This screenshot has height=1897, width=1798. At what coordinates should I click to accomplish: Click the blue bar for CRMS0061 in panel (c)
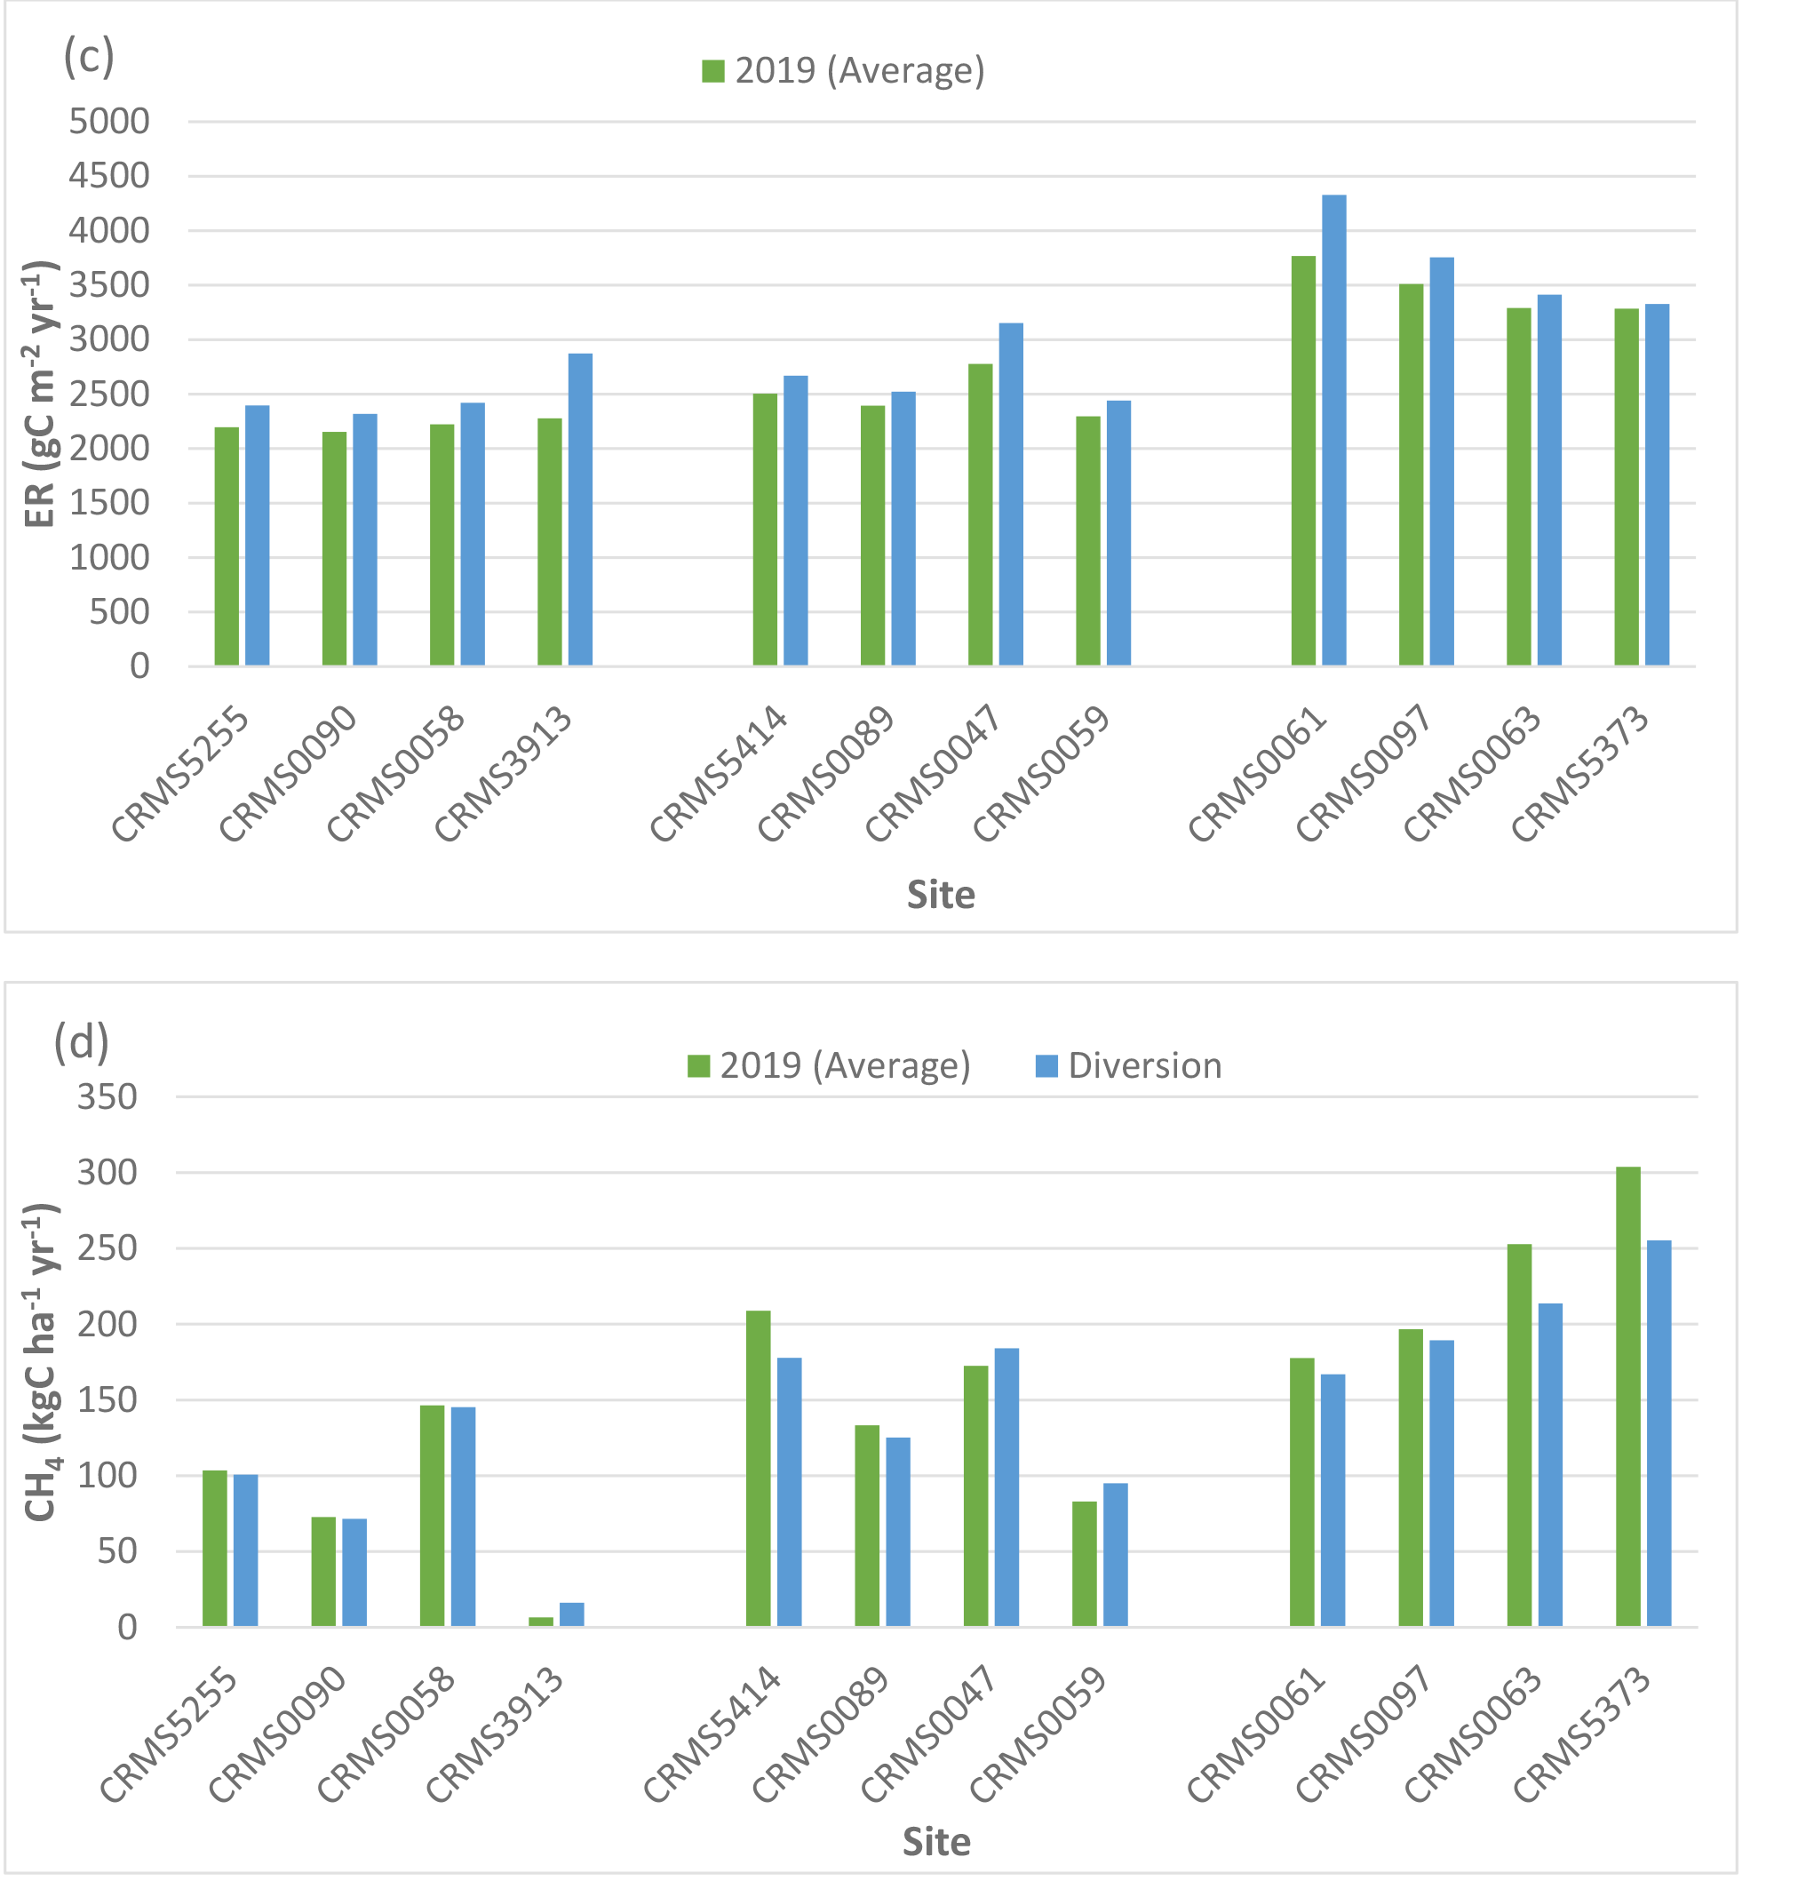tap(1333, 431)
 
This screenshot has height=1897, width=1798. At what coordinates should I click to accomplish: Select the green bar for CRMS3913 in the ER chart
tap(549, 542)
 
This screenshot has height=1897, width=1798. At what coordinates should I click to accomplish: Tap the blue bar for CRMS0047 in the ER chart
tap(1010, 495)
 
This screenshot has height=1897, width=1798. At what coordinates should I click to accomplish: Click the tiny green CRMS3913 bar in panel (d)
tap(540, 1622)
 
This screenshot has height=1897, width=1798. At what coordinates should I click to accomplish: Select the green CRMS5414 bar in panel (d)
tap(758, 1469)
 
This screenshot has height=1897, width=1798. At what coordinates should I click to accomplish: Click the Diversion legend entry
tap(1128, 1066)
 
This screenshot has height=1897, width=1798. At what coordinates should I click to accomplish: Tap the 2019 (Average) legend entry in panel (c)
tap(843, 71)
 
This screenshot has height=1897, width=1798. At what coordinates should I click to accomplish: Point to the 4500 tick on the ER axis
tap(109, 177)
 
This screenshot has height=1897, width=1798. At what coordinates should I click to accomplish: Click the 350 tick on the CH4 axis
tap(107, 1096)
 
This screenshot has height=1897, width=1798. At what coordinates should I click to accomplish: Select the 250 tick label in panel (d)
tap(107, 1248)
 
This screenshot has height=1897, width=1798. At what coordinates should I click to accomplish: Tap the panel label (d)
tap(82, 1042)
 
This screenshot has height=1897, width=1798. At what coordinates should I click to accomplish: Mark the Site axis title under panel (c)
tap(940, 895)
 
